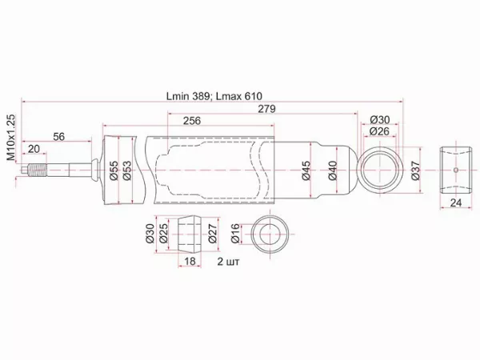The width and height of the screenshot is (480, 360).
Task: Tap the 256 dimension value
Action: click(x=191, y=121)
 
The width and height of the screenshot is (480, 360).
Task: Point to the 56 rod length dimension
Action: click(x=59, y=136)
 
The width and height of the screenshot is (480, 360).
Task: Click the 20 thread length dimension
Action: click(x=33, y=149)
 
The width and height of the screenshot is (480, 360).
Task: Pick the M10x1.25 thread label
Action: click(x=11, y=136)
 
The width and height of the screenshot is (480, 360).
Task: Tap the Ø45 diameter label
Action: click(x=306, y=170)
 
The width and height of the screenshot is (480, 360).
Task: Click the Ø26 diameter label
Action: click(x=380, y=131)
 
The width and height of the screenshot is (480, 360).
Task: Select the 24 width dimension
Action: click(x=455, y=203)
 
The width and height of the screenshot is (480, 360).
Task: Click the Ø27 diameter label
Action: click(x=212, y=234)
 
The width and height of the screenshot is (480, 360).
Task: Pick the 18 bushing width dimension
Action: click(x=190, y=261)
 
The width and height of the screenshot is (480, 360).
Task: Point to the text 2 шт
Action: click(x=228, y=261)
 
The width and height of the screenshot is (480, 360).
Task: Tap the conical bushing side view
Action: click(x=190, y=233)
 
